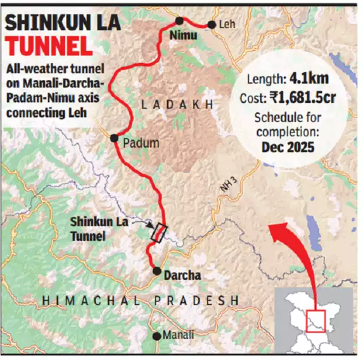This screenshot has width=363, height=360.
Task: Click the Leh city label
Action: click(227, 25)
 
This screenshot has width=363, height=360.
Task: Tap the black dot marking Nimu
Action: click(180, 20)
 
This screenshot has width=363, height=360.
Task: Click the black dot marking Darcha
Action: click(156, 271)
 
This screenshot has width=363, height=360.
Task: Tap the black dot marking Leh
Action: click(212, 25)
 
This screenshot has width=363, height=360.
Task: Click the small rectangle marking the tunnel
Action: click(159, 233)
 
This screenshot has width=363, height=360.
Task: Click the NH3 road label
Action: click(227, 185)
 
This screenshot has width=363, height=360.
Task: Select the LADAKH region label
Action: click(177, 105)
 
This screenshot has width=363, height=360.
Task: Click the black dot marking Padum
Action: click(114, 138)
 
